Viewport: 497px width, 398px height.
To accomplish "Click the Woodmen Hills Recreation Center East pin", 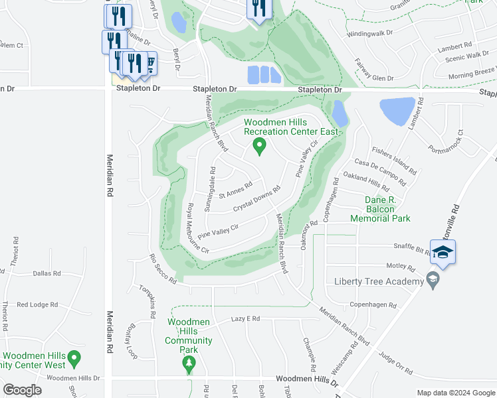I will pyautogui.click(x=260, y=145).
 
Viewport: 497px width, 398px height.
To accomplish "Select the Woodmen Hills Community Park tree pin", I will pyautogui.click(x=189, y=363).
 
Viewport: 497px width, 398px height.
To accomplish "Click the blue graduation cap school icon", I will pyautogui.click(x=443, y=251).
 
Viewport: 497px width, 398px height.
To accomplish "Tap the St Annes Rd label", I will pyautogui.click(x=235, y=190).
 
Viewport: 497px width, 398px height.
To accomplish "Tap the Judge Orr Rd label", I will pyautogui.click(x=395, y=363).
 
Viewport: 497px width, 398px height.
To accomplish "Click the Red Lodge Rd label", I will pyautogui.click(x=38, y=304).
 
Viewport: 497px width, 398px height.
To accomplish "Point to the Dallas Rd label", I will pyautogui.click(x=47, y=273).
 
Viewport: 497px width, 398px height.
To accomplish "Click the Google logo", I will pyautogui.click(x=22, y=390).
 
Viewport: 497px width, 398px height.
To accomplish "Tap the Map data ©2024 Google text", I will pyautogui.click(x=455, y=392).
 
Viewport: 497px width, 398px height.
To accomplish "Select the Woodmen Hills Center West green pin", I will pyautogui.click(x=74, y=359).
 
